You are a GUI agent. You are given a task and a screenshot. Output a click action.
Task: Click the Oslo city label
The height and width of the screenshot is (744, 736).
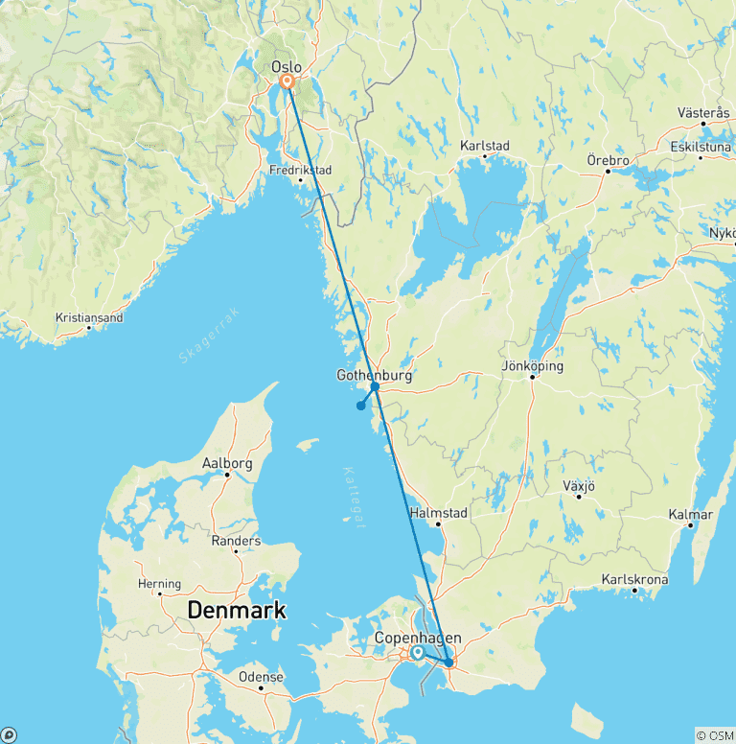click(x=287, y=67)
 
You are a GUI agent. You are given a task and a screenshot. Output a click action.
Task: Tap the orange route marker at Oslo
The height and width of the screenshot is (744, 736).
click(x=286, y=82)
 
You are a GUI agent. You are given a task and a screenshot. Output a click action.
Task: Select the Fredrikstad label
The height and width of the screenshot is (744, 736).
click(x=300, y=171)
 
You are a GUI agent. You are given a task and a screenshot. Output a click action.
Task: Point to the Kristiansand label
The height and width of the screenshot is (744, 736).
click(x=89, y=317)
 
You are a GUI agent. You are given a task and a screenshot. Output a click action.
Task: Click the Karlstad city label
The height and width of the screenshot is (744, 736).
click(x=485, y=146)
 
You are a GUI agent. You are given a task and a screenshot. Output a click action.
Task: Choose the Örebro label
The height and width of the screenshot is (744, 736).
click(x=608, y=161)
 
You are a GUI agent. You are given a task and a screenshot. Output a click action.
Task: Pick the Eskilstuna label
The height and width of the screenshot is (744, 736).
click(x=701, y=148)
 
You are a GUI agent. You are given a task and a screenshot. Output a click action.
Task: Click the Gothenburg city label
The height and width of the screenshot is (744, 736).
click(x=374, y=376)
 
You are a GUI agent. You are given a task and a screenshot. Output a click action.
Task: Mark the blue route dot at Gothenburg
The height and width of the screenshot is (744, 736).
click(x=375, y=387)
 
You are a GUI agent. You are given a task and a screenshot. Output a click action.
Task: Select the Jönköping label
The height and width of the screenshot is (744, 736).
click(x=532, y=366)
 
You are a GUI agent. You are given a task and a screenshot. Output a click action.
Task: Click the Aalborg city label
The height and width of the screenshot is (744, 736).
click(x=227, y=463)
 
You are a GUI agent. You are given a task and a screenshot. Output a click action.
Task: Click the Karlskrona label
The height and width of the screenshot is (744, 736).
click(x=634, y=580)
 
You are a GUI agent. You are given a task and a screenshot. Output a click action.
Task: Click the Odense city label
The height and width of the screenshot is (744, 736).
click(x=261, y=677)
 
